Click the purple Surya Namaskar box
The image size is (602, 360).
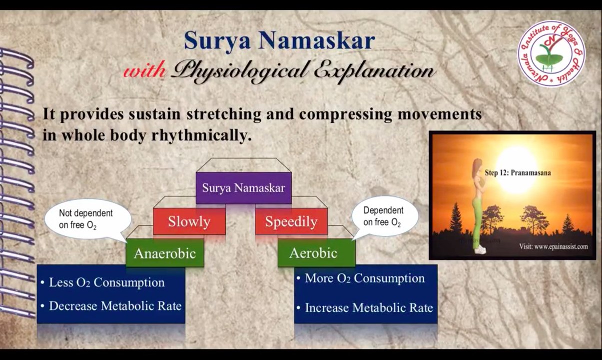point(243,188)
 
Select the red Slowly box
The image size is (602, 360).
point(189,221)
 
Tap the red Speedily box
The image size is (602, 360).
point(291,221)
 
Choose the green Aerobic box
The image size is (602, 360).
point(313,253)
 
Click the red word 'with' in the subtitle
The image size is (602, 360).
point(144,71)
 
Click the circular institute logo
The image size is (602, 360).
point(551,53)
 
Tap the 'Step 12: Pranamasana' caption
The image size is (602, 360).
point(518,173)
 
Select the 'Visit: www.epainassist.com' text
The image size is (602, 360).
point(553,246)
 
